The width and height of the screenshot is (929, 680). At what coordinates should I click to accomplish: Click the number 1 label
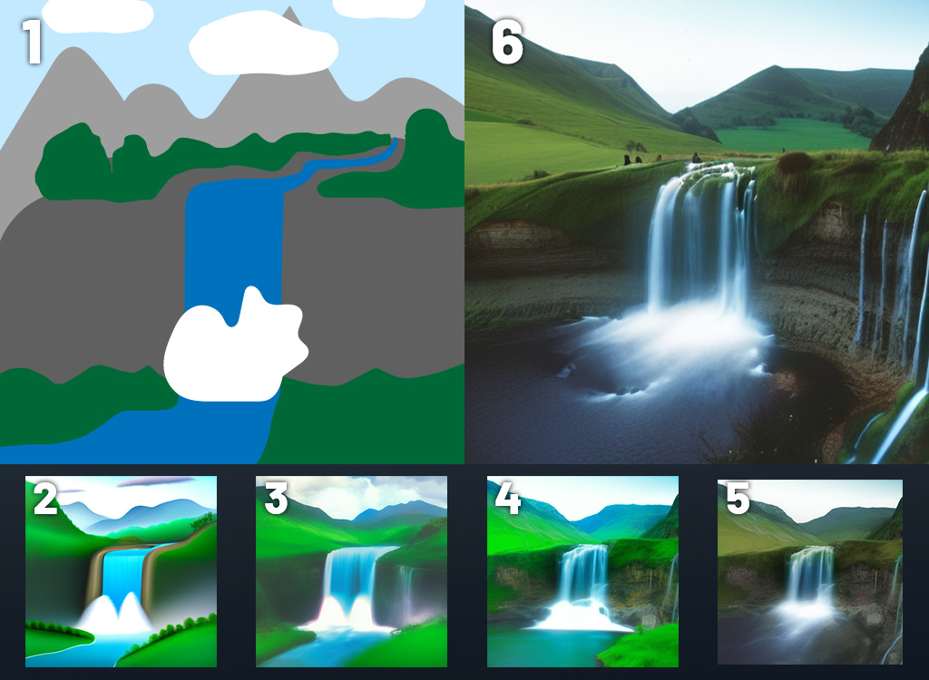[x=32, y=42]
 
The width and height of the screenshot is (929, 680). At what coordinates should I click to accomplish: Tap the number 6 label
[x=507, y=42]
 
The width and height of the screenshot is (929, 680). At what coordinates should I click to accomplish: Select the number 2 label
[x=45, y=498]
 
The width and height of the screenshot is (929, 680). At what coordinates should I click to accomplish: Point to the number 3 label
[x=276, y=498]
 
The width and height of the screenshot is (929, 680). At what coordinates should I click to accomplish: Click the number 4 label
[x=507, y=498]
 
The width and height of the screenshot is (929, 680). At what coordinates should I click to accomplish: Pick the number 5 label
[x=738, y=498]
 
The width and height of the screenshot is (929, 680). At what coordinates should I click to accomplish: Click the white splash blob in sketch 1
[x=235, y=347]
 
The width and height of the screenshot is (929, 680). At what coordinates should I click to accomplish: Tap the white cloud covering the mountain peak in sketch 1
[x=264, y=43]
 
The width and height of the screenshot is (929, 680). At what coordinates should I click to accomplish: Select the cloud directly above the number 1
[x=98, y=15]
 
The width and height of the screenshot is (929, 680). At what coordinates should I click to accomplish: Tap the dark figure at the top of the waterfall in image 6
[x=697, y=158]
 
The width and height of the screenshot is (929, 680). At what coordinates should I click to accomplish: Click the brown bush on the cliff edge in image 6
[x=795, y=161]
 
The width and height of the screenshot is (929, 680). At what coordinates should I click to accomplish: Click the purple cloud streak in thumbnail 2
[x=155, y=481]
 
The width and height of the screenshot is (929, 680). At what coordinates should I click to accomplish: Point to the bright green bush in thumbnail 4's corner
[x=639, y=646]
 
